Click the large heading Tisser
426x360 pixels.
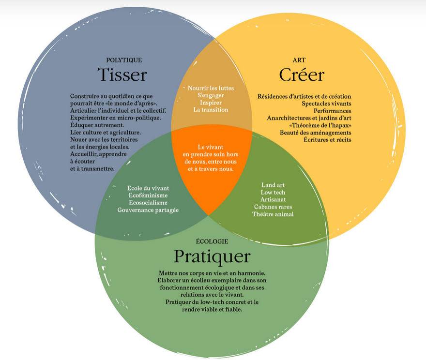[122, 75]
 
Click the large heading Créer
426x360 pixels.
[302, 75]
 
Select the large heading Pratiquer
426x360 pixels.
[212, 256]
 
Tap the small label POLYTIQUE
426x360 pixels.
[124, 60]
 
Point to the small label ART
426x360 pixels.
[299, 60]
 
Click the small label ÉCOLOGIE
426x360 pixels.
[212, 241]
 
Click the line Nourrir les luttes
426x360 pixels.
[211, 88]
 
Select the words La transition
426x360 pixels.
[211, 110]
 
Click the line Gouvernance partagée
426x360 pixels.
[148, 210]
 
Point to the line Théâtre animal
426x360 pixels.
[273, 214]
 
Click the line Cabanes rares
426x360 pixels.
[273, 207]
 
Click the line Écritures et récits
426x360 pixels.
[327, 140]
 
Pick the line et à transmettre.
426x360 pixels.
[92, 169]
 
